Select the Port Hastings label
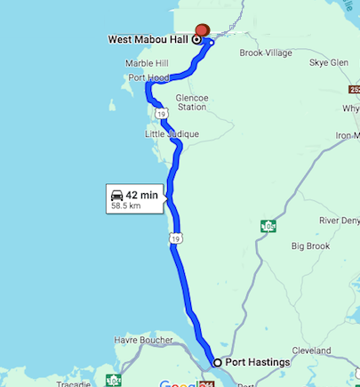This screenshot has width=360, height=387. click(x=258, y=362)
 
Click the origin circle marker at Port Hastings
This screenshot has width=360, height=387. click(x=217, y=362)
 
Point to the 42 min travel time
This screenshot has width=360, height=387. click(x=142, y=195)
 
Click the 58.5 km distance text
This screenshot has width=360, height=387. click(x=125, y=206)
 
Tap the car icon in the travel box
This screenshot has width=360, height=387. click(x=116, y=195)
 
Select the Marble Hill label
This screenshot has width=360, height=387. click(x=147, y=64)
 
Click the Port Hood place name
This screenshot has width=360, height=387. click(x=148, y=78)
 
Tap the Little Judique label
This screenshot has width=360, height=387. click(x=172, y=133)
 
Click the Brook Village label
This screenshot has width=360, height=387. click(x=266, y=53)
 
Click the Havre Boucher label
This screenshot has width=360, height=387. click(x=143, y=339)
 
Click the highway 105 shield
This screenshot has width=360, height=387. click(x=268, y=226)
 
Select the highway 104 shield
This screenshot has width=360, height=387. click(x=113, y=380)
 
